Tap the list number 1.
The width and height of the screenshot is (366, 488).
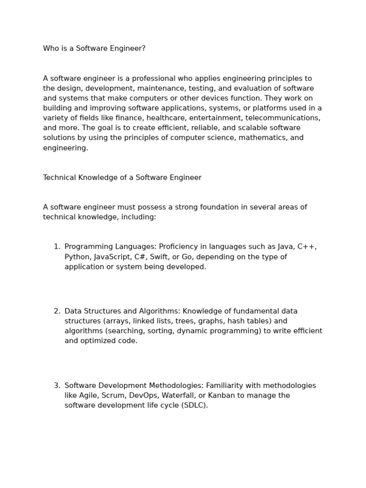pyautogui.click(x=56, y=247)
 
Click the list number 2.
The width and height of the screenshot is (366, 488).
pyautogui.click(x=56, y=311)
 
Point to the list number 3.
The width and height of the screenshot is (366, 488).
pyautogui.click(x=56, y=386)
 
